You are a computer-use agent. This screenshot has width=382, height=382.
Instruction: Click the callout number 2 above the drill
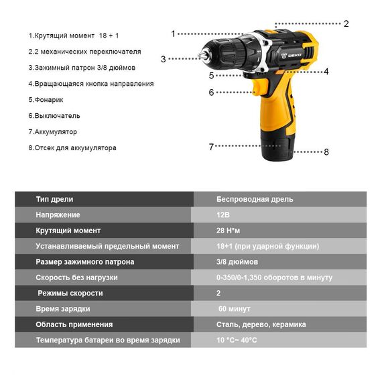click(x=346, y=23)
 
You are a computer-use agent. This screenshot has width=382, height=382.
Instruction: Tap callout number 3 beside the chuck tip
click(x=164, y=59)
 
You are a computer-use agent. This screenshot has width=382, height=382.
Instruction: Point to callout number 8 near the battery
click(x=326, y=152)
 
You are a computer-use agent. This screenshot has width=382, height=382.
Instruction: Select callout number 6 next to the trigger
click(x=211, y=92)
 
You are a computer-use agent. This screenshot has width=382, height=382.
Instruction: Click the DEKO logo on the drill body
click(x=292, y=56)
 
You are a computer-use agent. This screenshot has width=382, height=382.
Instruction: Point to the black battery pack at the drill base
click(x=276, y=145)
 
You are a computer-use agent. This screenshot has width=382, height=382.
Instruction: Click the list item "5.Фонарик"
click(x=46, y=100)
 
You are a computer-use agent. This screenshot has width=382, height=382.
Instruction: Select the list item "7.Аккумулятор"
click(x=53, y=132)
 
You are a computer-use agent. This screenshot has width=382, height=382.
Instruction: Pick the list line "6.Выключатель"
click(x=54, y=116)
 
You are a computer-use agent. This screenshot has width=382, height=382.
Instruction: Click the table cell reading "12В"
click(x=223, y=215)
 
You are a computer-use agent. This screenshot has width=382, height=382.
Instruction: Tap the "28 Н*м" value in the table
click(x=228, y=231)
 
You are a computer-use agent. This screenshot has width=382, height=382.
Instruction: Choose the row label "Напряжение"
click(x=58, y=215)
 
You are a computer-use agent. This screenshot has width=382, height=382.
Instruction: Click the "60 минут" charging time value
click(x=235, y=309)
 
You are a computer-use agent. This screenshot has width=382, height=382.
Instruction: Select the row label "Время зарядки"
click(x=63, y=309)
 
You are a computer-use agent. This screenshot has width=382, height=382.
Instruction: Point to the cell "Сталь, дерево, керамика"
click(x=261, y=324)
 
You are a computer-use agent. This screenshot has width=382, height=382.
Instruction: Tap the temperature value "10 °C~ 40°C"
click(x=237, y=340)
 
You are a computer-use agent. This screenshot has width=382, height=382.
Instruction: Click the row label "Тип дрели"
click(x=54, y=199)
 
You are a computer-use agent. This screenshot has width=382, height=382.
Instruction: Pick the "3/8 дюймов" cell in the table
click(x=237, y=262)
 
